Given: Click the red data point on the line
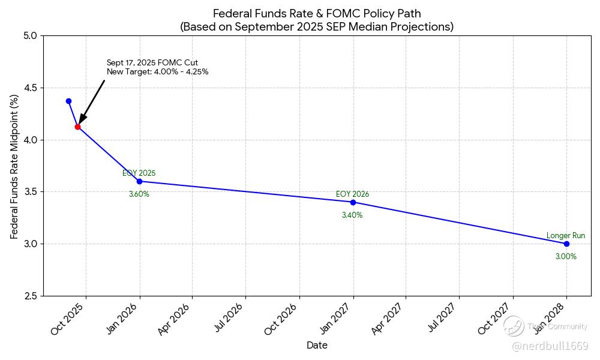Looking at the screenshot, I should (x=77, y=127).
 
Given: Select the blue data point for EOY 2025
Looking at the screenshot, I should (x=139, y=181).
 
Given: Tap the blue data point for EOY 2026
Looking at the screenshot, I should (x=353, y=202).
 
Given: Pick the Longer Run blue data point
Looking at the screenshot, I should (x=566, y=244).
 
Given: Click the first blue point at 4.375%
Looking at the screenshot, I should (x=68, y=101).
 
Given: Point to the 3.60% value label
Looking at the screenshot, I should (x=139, y=194).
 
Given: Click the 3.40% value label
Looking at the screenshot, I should (x=352, y=215).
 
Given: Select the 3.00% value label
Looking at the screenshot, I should (x=566, y=257).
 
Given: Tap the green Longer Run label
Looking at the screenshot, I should (x=566, y=236).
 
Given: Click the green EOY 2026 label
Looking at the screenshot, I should (x=352, y=194).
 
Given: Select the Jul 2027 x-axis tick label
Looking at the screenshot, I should (x=443, y=319).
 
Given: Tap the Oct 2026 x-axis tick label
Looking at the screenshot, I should (x=282, y=319).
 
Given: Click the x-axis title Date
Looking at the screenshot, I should (x=317, y=346).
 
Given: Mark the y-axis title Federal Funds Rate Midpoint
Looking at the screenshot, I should (x=14, y=166).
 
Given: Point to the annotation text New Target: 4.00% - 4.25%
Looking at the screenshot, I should (x=158, y=72).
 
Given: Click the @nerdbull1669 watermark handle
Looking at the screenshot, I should (x=550, y=346).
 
